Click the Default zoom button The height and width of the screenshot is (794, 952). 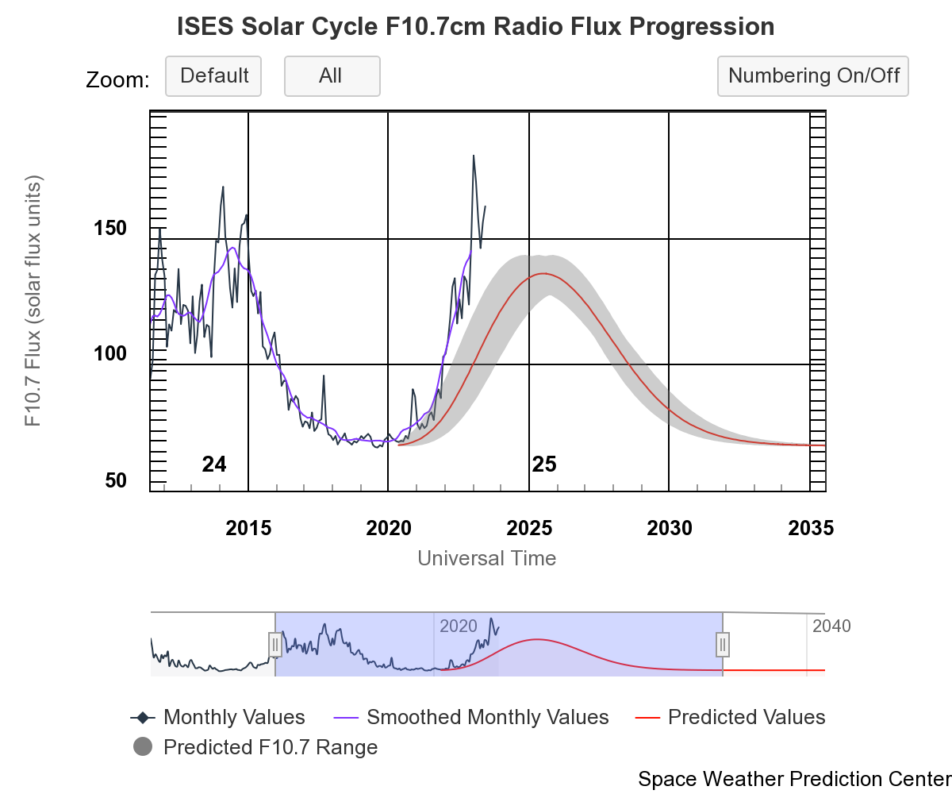(213, 76)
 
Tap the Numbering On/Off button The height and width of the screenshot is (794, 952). (813, 76)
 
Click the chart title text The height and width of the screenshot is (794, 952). (476, 27)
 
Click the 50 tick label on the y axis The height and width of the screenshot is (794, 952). (116, 481)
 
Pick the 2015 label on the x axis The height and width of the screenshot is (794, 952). (248, 528)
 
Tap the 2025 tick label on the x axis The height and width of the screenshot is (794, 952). (528, 528)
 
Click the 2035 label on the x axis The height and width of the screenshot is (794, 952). (809, 528)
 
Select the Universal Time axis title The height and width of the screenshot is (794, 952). (486, 558)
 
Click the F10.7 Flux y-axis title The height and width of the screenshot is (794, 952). (33, 302)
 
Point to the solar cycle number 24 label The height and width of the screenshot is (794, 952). (214, 464)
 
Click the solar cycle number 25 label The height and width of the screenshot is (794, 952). (544, 464)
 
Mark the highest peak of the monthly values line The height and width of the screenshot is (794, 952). (474, 156)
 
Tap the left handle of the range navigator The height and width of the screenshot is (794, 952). (274, 644)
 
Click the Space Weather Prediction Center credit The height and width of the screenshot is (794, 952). (793, 778)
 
